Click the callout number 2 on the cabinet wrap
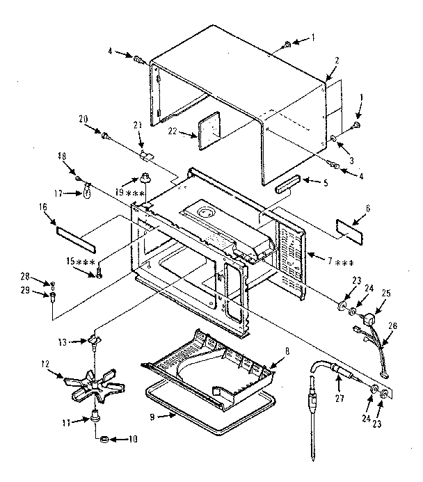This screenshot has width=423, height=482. [336, 61]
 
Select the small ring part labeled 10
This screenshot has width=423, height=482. [102, 440]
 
